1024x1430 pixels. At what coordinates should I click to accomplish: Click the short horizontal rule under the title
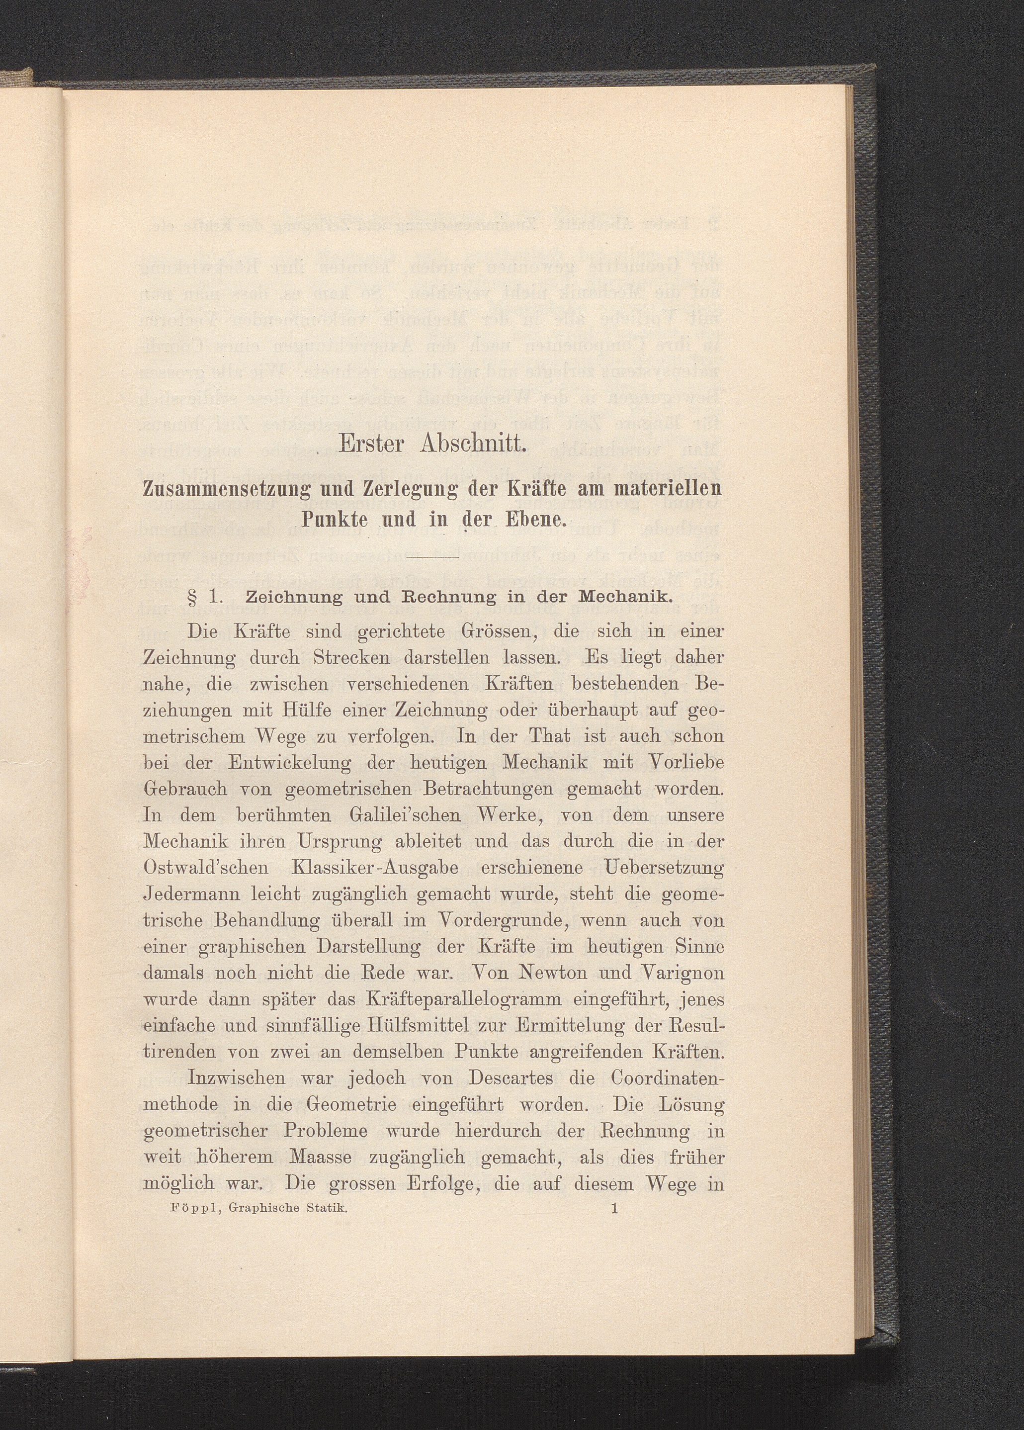tap(434, 558)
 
